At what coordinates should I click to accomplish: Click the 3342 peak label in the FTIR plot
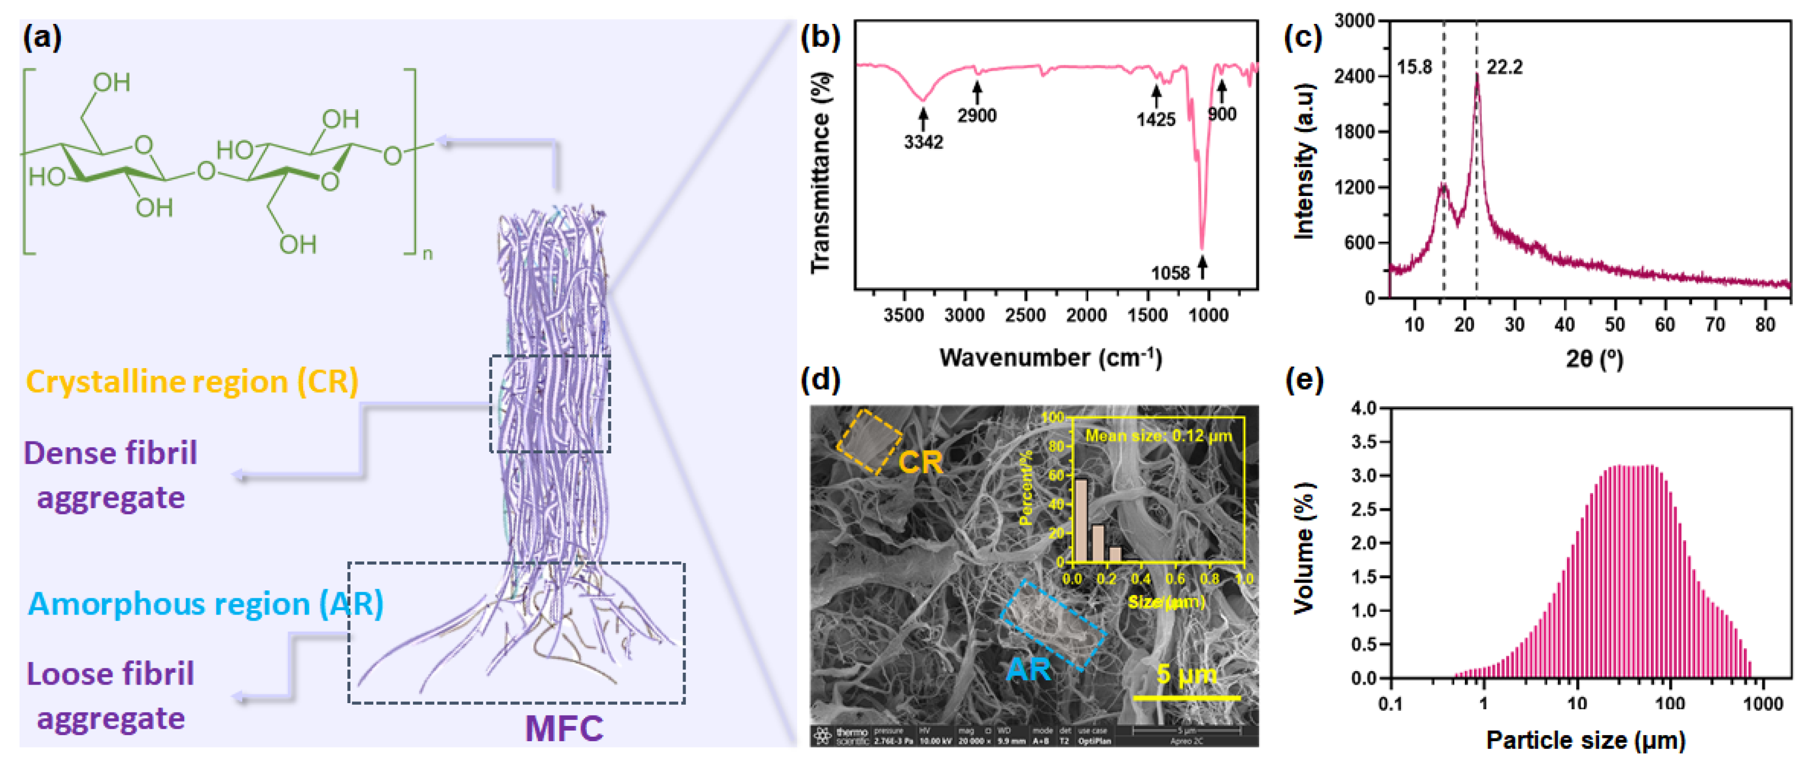click(923, 142)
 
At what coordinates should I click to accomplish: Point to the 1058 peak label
click(1170, 273)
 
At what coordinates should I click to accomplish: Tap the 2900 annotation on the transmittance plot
click(976, 115)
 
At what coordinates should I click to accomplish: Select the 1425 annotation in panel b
click(1156, 119)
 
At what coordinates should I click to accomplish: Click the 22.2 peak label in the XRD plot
click(1504, 67)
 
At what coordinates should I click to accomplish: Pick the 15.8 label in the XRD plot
click(1414, 67)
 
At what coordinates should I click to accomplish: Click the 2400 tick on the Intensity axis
click(1354, 76)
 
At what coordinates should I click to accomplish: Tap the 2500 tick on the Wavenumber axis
click(1025, 315)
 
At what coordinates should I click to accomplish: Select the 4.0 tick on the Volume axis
click(1364, 408)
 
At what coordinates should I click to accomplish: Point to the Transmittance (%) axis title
click(820, 172)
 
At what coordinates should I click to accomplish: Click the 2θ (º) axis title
click(1594, 359)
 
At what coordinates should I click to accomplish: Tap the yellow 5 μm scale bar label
click(1186, 675)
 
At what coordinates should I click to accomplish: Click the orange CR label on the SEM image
click(920, 463)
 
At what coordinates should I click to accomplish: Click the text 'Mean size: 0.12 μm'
click(1158, 436)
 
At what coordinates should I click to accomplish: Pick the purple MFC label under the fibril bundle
click(564, 728)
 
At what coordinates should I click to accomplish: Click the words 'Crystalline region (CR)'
click(192, 382)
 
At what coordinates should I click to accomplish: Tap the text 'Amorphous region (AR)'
click(205, 604)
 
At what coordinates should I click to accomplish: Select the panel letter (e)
click(1304, 380)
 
